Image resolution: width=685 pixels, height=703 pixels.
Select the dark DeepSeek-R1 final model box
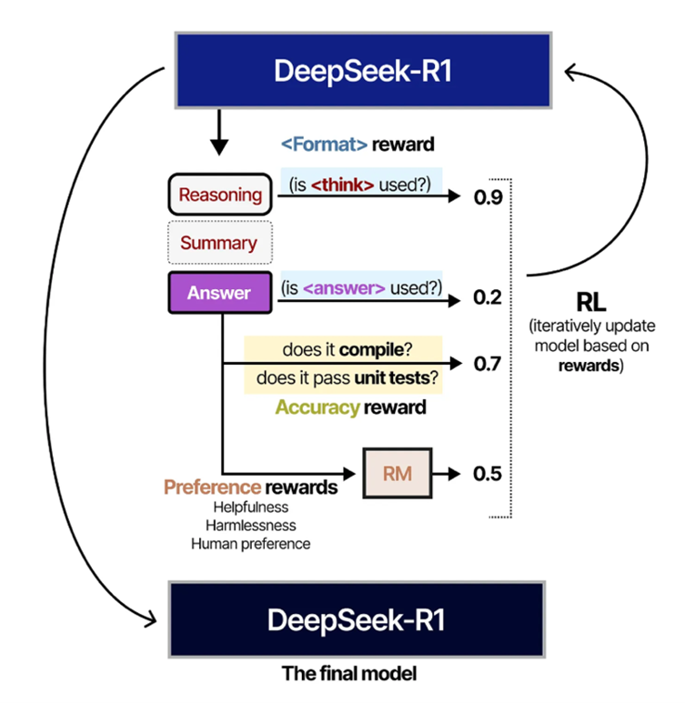(358, 620)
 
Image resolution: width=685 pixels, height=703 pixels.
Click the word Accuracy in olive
(317, 407)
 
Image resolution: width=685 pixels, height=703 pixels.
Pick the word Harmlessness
(250, 525)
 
